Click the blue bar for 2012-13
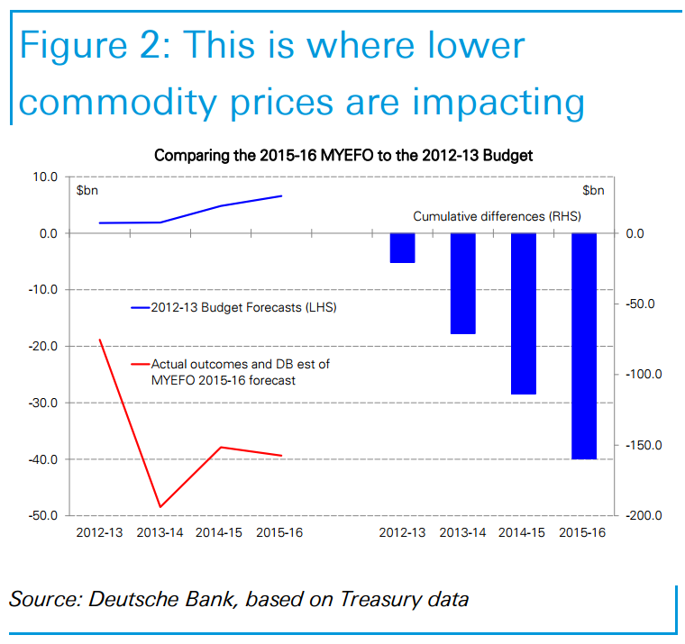pos(402,248)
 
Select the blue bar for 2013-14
pos(462,283)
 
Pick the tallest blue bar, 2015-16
pos(583,346)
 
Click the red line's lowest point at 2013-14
pos(160,507)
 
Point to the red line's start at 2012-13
pos(100,340)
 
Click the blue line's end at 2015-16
pos(281,195)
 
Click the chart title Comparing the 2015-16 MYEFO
pos(343,155)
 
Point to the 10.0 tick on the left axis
pos(44,177)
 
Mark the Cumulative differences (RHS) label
pos(497,216)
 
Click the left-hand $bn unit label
pos(87,191)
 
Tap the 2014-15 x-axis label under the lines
pos(219,533)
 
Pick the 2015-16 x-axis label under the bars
pos(582,533)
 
